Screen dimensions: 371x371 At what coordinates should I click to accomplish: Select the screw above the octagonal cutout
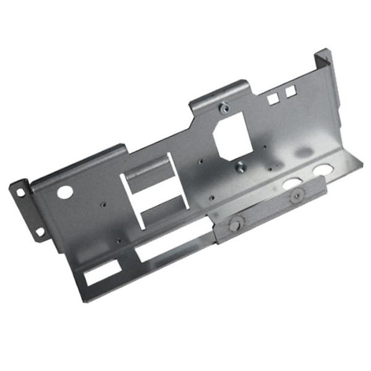(x=224, y=107)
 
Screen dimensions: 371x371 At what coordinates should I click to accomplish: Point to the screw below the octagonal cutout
(x=241, y=165)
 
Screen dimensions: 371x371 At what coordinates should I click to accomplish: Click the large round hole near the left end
(x=64, y=192)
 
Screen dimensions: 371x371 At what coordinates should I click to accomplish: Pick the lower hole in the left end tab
(x=40, y=232)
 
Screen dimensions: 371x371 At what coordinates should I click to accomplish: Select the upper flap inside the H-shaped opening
(x=148, y=177)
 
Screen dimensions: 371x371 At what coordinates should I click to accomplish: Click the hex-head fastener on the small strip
(x=234, y=226)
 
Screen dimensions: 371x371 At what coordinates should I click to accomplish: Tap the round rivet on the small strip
(x=297, y=196)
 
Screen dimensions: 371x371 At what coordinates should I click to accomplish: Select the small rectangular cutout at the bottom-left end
(x=103, y=272)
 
